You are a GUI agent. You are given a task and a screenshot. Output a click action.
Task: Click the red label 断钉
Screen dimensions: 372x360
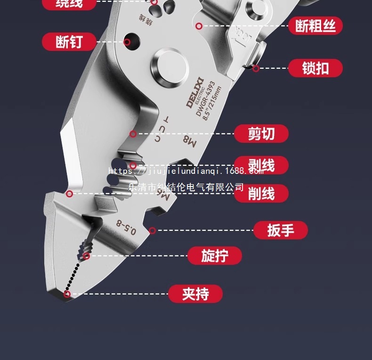click(x=69, y=42)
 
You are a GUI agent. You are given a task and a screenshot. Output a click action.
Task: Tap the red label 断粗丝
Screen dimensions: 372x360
click(x=315, y=26)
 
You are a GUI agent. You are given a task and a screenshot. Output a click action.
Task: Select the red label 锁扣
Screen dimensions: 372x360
click(x=315, y=68)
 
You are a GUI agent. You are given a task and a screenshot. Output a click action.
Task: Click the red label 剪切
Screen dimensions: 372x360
click(x=261, y=134)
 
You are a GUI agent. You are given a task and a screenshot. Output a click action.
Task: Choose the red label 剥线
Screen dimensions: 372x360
click(x=261, y=165)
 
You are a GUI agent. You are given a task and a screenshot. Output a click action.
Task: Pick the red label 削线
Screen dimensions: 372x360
click(x=261, y=193)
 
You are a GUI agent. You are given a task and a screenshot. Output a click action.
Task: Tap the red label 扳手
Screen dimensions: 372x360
click(x=281, y=230)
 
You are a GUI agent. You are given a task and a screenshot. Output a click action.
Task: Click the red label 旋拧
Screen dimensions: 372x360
click(x=215, y=256)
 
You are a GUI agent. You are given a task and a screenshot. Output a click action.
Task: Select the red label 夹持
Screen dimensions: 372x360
click(x=195, y=294)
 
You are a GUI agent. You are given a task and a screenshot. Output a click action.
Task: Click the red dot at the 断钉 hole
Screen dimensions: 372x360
click(x=127, y=42)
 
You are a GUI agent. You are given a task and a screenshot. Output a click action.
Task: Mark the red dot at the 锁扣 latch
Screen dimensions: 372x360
click(x=256, y=69)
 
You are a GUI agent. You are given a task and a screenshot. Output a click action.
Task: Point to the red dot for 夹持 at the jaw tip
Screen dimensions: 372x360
click(x=67, y=295)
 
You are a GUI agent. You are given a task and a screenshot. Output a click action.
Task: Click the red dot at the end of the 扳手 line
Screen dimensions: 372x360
click(x=152, y=230)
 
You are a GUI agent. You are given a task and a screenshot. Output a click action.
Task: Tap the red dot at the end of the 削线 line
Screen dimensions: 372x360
click(x=69, y=193)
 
